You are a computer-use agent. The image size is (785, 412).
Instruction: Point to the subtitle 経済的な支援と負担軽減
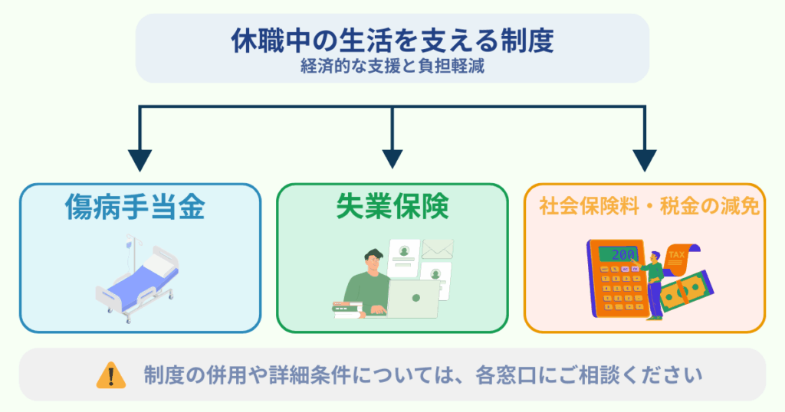pos(392,67)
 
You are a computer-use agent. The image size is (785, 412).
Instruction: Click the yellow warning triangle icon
pos(111,375)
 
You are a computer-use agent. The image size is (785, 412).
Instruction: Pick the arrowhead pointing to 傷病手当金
pos(139,159)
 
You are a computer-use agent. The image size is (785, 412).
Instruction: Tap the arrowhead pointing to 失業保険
pos(392,159)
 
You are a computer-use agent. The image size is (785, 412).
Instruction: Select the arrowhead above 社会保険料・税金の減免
pos(645,159)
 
